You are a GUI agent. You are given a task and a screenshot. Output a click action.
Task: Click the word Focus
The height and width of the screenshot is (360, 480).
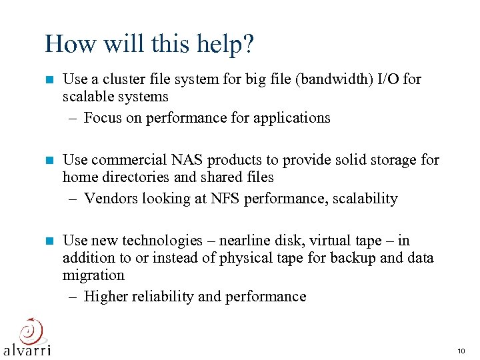pyautogui.click(x=103, y=118)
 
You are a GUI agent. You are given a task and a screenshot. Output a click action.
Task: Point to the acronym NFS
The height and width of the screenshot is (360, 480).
pyautogui.click(x=243, y=199)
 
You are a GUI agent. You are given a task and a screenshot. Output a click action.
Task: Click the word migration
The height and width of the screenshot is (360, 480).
pyautogui.click(x=93, y=275)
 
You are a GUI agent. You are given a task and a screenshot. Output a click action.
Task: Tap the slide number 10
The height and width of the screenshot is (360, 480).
pyautogui.click(x=461, y=351)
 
